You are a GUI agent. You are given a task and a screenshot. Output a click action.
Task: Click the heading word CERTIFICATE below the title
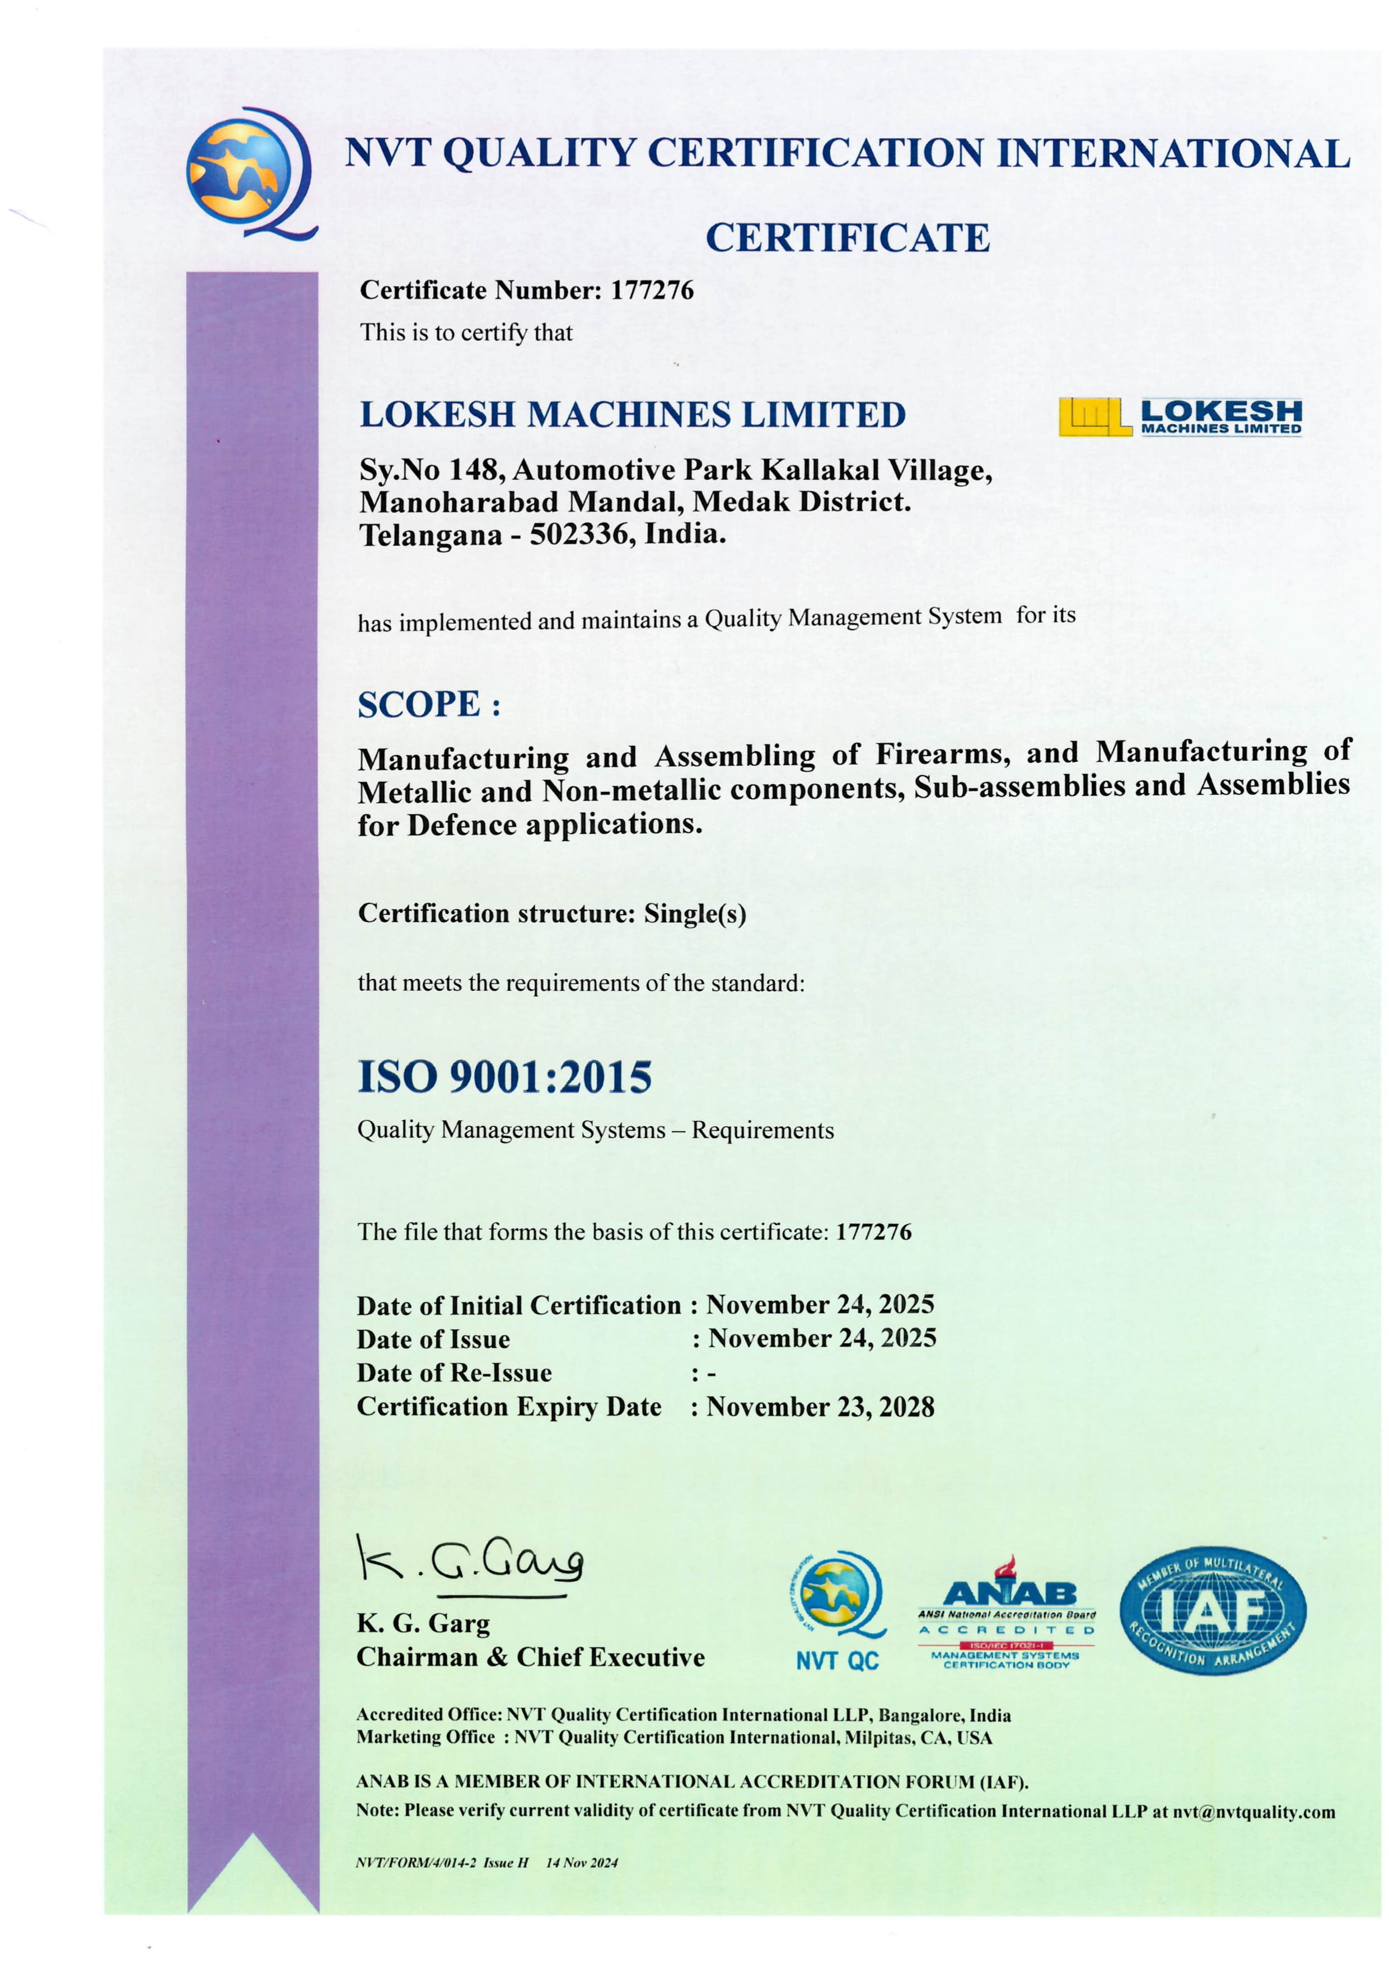point(847,238)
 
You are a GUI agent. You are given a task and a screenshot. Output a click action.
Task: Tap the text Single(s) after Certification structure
point(694,913)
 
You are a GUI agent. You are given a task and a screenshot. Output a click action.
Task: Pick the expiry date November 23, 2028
point(820,1407)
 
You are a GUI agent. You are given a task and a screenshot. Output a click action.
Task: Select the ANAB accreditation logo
point(1007,1613)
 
